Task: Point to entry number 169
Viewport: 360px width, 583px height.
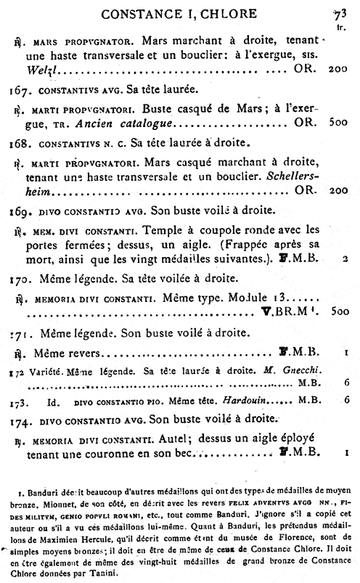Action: pos(20,214)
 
